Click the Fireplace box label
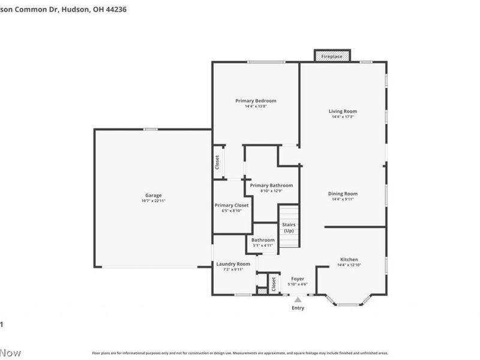332,56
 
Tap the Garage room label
154,195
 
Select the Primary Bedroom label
256,101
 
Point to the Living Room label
343,111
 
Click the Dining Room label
343,194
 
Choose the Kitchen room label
348,259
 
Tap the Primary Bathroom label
271,185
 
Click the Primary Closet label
232,205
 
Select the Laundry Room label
233,264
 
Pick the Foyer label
298,279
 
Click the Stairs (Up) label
289,227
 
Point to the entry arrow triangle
298,299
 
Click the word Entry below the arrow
298,308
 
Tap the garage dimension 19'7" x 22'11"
154,200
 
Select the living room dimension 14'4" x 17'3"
343,116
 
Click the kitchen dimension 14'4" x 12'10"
348,265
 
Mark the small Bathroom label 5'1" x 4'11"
263,242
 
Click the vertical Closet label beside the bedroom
217,162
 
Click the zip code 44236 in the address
115,10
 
